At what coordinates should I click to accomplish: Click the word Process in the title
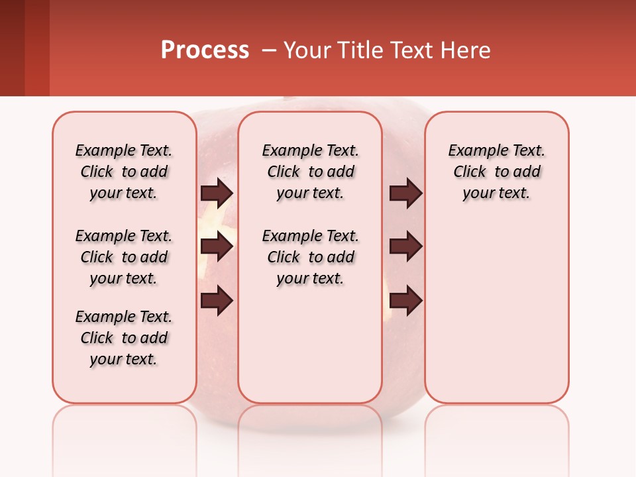[x=205, y=50]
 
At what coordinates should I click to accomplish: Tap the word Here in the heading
[x=466, y=50]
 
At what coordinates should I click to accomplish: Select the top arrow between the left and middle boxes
[x=217, y=193]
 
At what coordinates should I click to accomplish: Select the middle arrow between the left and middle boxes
[x=217, y=246]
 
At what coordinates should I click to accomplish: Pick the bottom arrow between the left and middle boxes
[x=217, y=301]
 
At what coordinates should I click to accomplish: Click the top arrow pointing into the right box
[x=405, y=193]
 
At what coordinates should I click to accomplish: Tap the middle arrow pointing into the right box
[x=405, y=246]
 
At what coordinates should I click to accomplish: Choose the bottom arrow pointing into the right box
[x=405, y=301]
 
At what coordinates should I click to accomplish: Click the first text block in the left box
[x=124, y=172]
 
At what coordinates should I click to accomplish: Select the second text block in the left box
[x=124, y=257]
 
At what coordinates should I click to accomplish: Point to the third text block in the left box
[x=124, y=338]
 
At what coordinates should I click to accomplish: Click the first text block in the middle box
[x=310, y=172]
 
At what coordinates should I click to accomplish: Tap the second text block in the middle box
[x=310, y=257]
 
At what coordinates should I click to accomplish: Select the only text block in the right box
[x=496, y=172]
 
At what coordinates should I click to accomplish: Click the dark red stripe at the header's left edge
[x=12, y=48]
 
